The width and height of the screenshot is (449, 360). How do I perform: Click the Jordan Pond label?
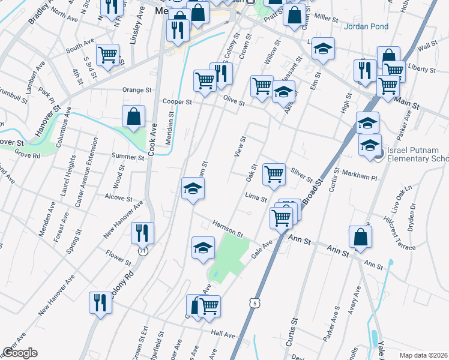[x=366, y=26]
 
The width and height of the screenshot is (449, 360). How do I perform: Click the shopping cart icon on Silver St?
[x=274, y=174]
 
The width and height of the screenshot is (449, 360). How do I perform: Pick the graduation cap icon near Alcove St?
[x=193, y=188]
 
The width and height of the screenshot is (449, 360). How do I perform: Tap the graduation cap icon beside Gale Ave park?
[x=203, y=247]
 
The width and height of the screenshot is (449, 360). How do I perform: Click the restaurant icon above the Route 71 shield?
[x=142, y=232]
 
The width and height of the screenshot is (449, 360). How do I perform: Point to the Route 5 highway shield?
[x=256, y=304]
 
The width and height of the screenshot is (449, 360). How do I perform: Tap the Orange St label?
[x=137, y=90]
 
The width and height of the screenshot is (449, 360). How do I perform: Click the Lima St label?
[x=256, y=197]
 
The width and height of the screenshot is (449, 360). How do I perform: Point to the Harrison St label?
[x=227, y=228]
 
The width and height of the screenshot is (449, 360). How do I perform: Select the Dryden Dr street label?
[x=412, y=214]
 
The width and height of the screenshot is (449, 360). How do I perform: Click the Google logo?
[x=20, y=352]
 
